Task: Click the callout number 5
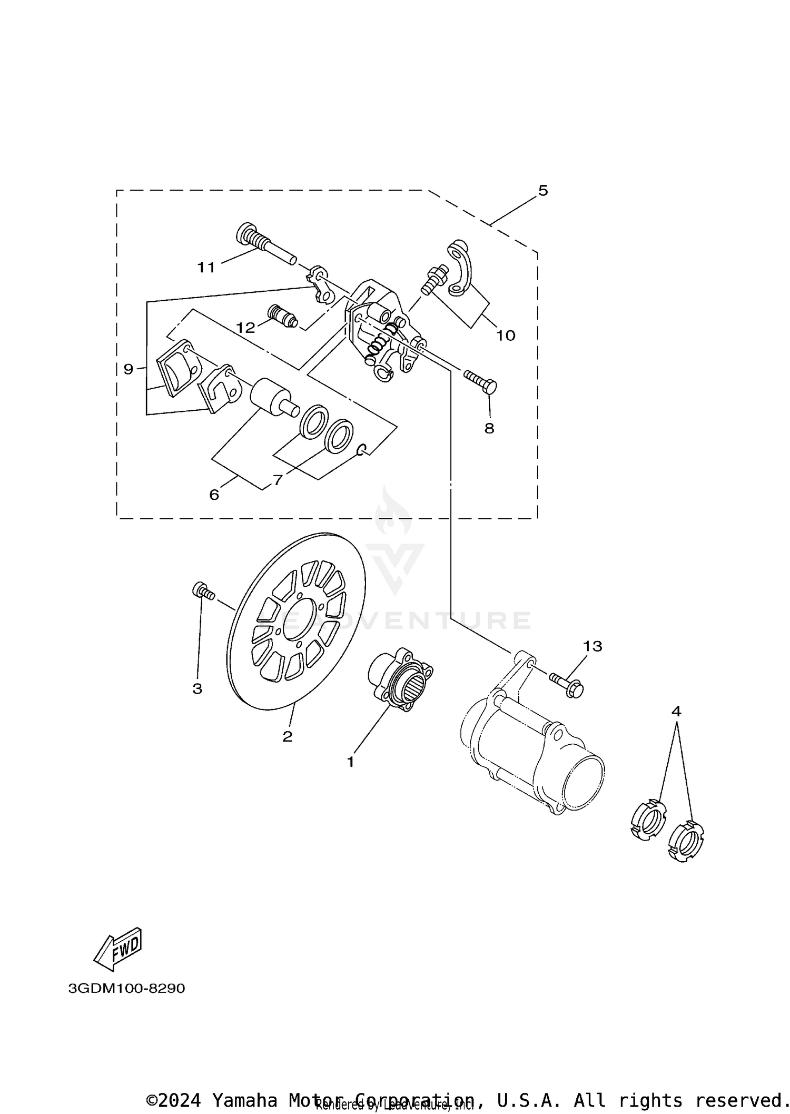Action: [543, 191]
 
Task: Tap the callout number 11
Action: [206, 268]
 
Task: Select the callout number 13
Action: [592, 646]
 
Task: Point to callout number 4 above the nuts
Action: [676, 712]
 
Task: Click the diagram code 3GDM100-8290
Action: [126, 988]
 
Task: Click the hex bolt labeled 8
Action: [480, 381]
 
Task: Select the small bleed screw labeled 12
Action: [282, 316]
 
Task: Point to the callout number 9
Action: [129, 369]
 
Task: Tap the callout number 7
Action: [278, 480]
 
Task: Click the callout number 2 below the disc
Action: [287, 736]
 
